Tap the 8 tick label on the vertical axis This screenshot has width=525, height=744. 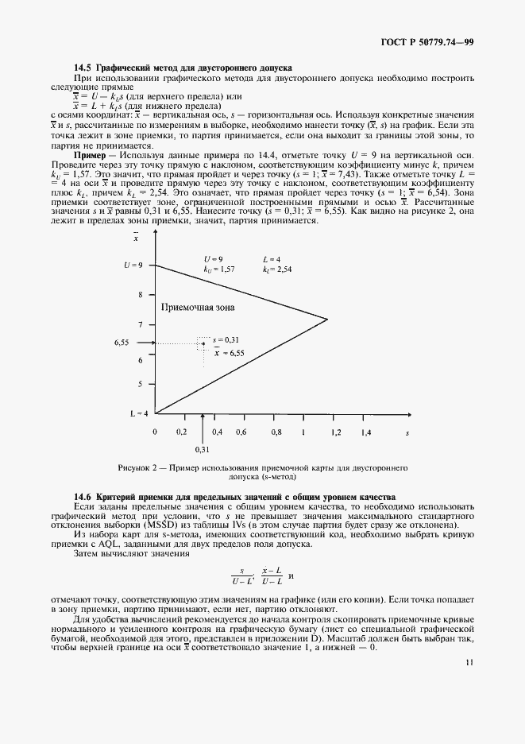tap(140, 294)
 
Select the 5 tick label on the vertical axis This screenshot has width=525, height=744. tap(140, 384)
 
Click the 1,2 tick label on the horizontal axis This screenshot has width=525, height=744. tap(335, 432)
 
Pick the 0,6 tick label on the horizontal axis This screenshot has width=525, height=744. tap(241, 432)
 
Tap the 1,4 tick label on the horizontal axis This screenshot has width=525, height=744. tap(366, 432)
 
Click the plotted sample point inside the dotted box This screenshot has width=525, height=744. tap(203, 343)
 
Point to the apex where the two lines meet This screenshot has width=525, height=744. tap(327, 320)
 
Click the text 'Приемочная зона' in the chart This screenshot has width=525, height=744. tap(198, 307)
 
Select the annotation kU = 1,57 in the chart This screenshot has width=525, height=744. tap(218, 270)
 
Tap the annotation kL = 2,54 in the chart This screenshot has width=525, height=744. tap(278, 270)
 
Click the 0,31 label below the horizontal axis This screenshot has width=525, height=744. tap(203, 449)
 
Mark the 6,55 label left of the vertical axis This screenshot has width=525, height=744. tap(122, 343)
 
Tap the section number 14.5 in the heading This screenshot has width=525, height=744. tap(83, 68)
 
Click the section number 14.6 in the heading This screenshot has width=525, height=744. tap(83, 497)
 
